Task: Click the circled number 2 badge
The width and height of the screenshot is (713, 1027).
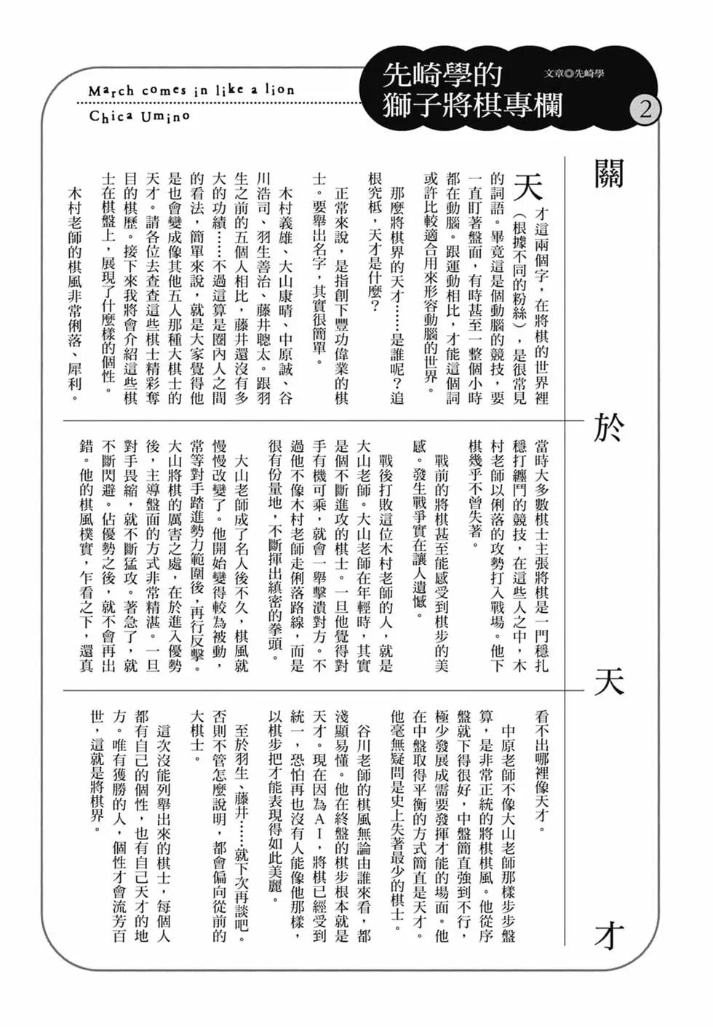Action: pyautogui.click(x=645, y=110)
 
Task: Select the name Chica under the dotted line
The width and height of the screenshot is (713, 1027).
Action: pyautogui.click(x=111, y=116)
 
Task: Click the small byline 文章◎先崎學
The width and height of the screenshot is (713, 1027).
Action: pyautogui.click(x=574, y=74)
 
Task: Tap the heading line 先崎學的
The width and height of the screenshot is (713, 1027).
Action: pyautogui.click(x=443, y=74)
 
